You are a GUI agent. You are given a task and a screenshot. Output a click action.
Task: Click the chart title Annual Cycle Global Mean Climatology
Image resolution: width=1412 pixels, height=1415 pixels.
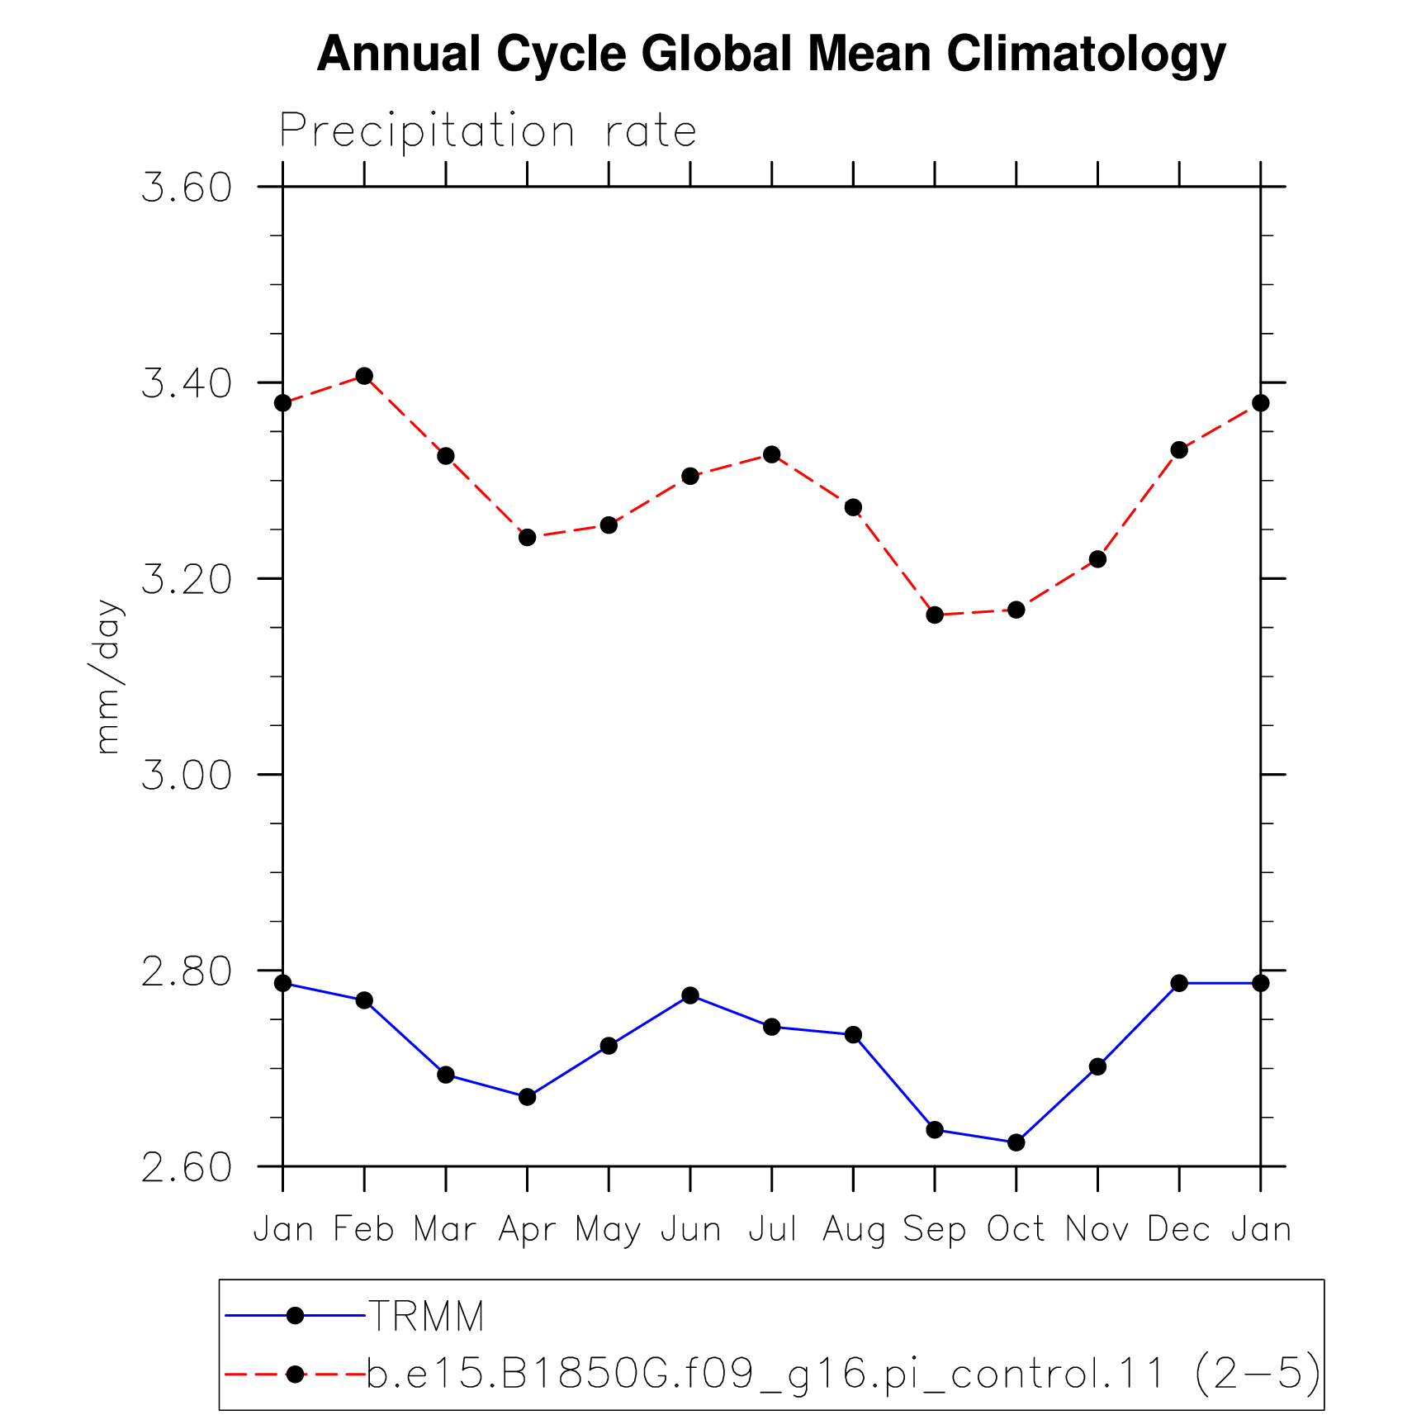771,54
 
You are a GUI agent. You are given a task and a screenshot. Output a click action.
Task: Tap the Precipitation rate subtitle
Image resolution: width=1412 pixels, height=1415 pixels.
488,131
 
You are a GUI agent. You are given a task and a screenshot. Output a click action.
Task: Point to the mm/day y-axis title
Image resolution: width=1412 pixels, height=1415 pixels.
108,677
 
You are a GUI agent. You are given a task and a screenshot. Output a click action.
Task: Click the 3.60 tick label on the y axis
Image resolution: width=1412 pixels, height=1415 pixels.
187,188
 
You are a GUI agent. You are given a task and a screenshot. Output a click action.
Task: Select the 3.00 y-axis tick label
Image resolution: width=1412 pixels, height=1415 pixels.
187,775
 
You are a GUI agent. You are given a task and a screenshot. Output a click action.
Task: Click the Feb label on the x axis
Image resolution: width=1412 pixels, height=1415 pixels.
364,1230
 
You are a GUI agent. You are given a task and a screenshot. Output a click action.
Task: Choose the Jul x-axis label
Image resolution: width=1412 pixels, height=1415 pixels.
772,1230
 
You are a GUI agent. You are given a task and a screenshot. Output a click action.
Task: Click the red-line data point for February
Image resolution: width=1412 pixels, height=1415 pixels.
364,377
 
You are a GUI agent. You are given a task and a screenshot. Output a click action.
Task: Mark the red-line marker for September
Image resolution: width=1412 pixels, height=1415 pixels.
935,615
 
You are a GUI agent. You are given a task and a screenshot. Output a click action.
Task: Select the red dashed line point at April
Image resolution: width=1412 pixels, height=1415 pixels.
528,538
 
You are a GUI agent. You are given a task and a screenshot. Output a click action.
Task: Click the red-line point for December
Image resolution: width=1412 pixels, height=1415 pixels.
1179,450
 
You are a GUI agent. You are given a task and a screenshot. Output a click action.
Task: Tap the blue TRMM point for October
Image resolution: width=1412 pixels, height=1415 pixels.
1016,1143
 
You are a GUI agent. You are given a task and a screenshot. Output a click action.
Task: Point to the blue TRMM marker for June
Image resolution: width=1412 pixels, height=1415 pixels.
690,996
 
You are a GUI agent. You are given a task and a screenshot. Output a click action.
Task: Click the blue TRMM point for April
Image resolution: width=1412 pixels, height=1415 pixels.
528,1098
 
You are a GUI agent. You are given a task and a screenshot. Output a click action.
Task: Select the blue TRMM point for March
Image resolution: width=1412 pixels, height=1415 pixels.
446,1075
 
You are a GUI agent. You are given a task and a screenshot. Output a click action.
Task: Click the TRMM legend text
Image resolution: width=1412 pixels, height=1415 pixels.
426,1317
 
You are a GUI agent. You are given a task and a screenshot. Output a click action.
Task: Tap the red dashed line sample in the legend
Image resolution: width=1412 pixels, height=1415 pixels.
295,1375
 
